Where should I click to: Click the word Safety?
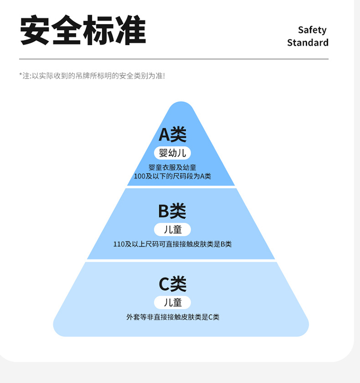click(312, 30)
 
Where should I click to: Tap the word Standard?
click(308, 42)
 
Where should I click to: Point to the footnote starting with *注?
click(92, 75)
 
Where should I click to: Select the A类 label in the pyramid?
click(172, 135)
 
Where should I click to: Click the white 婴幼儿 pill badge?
click(172, 153)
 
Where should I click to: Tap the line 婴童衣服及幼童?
click(172, 167)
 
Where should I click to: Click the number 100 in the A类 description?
click(139, 176)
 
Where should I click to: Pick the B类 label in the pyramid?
click(172, 211)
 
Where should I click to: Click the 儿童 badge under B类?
click(172, 229)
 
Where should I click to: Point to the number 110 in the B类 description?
click(119, 244)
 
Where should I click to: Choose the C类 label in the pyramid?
click(172, 284)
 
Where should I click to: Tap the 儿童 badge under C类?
click(172, 302)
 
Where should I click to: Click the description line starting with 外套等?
click(172, 317)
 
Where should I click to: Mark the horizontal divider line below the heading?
click(174, 59)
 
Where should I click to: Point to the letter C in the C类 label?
click(165, 284)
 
